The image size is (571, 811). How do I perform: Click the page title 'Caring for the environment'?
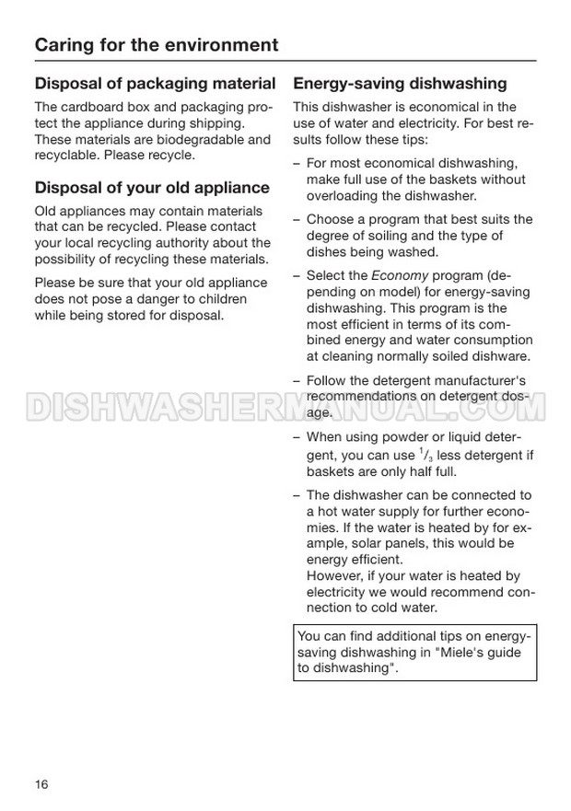click(156, 44)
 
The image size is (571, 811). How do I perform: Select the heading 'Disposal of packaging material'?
click(155, 84)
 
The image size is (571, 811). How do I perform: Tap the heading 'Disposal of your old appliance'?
click(152, 188)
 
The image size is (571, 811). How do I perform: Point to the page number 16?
click(41, 784)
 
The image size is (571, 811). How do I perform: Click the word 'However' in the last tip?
click(333, 576)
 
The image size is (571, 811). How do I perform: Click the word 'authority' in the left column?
click(178, 243)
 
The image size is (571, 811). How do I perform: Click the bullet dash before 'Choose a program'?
click(297, 220)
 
